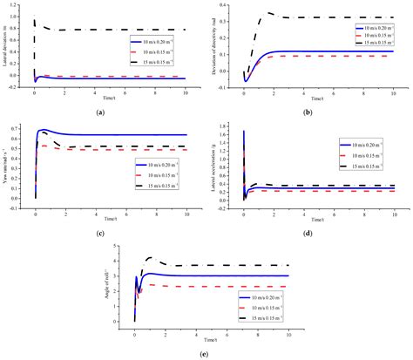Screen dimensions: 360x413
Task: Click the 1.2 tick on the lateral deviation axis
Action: pos(26,4)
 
